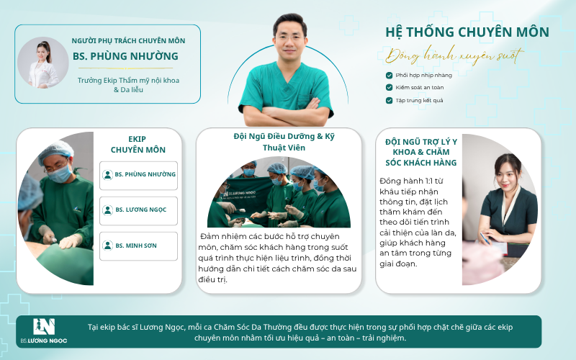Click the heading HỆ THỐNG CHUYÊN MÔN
(467, 32)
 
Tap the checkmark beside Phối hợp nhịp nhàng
(389, 76)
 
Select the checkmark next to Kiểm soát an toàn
(389, 87)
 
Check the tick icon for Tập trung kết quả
(389, 100)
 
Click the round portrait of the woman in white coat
(43, 63)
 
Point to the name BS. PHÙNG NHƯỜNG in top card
(125, 56)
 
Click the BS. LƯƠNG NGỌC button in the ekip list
(138, 210)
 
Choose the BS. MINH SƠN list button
(138, 246)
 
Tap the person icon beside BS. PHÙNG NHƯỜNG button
(107, 175)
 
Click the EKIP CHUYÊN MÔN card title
(138, 145)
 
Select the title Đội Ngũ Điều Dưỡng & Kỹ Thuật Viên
(284, 142)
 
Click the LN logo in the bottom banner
(44, 327)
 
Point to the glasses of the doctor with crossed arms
(290, 37)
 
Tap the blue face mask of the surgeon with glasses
(60, 174)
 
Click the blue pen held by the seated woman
(484, 238)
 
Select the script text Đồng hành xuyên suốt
(455, 55)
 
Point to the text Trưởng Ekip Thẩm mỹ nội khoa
(128, 81)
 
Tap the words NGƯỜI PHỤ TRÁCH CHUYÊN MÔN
(128, 41)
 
